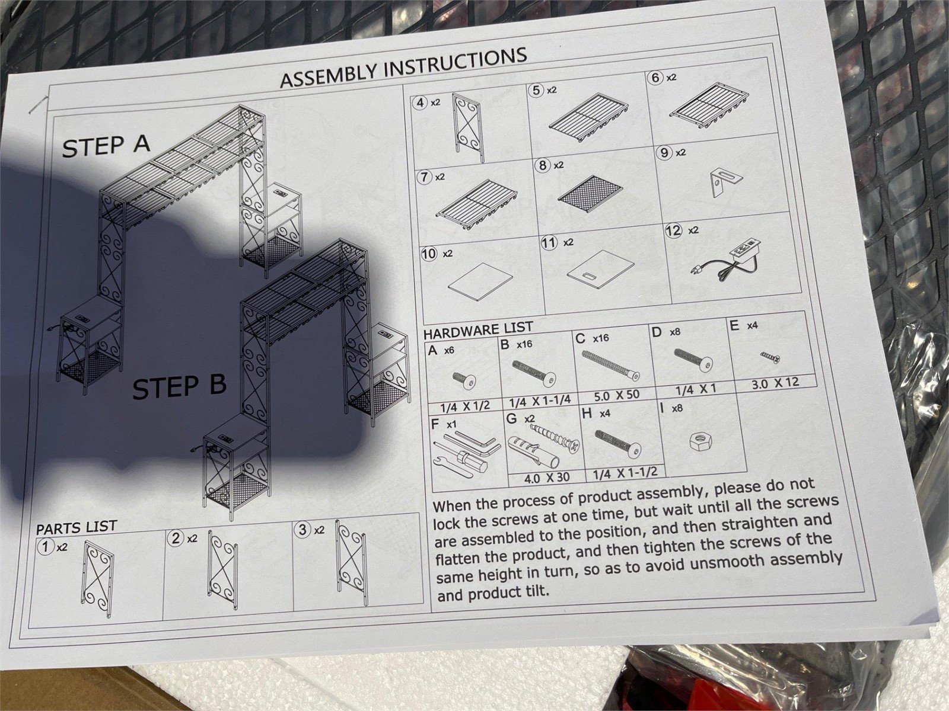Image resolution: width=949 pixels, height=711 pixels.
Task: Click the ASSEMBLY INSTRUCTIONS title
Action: [403, 68]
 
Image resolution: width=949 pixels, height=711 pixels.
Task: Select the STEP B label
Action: [180, 386]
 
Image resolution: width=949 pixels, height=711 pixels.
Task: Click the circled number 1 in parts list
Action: [46, 547]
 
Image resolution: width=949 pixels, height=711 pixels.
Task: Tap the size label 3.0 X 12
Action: [775, 383]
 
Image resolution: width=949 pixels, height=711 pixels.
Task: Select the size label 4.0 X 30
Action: [547, 478]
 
